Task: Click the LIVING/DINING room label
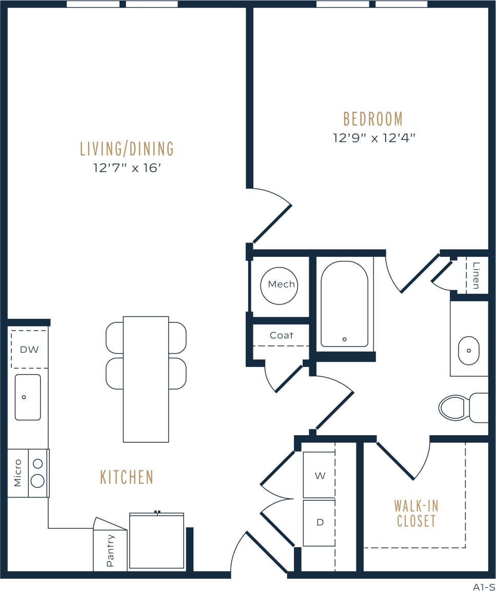(127, 149)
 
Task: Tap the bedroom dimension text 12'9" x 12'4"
(373, 138)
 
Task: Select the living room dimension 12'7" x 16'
(127, 168)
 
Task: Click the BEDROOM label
(373, 119)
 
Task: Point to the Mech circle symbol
(279, 285)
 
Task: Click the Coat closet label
(281, 335)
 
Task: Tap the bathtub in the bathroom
(344, 303)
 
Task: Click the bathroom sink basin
(468, 351)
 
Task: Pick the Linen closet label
(477, 275)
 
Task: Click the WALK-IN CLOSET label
(416, 514)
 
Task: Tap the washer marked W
(320, 475)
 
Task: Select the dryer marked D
(320, 523)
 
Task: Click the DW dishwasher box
(29, 350)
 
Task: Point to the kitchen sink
(28, 397)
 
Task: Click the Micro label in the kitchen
(18, 473)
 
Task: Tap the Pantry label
(110, 551)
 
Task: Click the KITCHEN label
(127, 477)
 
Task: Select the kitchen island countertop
(146, 379)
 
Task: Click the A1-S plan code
(484, 586)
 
